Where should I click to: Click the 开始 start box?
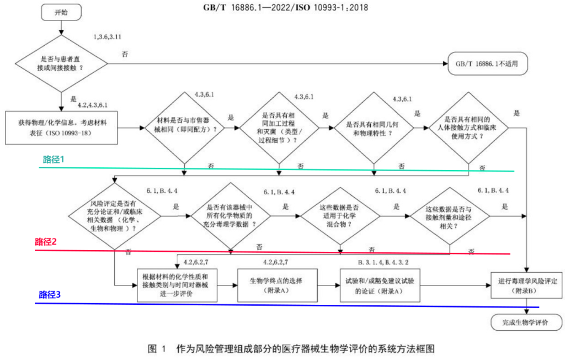pos(61,12)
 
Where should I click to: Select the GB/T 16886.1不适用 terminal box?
pos(486,63)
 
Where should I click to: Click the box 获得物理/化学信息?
pos(61,128)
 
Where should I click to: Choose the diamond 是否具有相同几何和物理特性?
pos(373,129)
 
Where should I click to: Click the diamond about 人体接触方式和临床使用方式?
pos(468,129)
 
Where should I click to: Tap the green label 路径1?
pos(54,159)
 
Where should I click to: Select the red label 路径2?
pos(46,242)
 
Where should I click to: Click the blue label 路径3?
pos(50,295)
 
